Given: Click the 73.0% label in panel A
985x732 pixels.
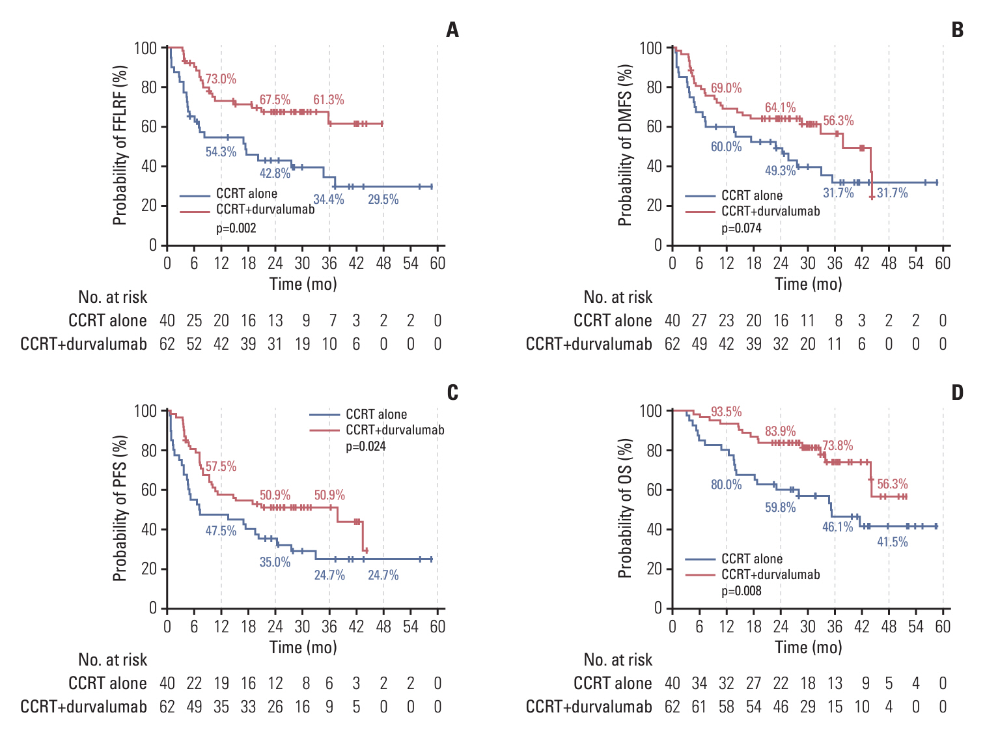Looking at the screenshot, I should coord(221,79).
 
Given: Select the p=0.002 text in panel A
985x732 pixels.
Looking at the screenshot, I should coord(236,229).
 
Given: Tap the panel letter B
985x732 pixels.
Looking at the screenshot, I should coord(957,30).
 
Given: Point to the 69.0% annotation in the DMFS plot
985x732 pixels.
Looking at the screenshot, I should coord(726,89).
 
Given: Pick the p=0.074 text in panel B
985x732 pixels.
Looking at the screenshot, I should coord(742,229).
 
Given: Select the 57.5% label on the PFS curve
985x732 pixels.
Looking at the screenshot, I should coord(221,467).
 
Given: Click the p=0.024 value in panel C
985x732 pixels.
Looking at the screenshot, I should coord(366,447).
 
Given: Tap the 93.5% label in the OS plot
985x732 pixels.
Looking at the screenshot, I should coord(726,412).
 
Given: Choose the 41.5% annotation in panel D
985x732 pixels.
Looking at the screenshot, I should coord(892,542).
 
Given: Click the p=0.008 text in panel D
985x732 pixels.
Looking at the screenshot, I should coord(742,591).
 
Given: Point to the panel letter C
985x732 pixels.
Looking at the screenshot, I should coord(452,393).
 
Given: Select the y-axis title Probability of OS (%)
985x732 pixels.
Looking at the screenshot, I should coord(625,509).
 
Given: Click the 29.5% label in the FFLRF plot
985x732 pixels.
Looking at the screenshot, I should coord(383,200).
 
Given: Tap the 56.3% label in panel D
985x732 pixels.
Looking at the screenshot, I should coord(892,485).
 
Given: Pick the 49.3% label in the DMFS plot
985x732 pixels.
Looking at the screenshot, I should coord(780,171).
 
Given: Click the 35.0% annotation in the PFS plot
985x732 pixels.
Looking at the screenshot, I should coord(275,562).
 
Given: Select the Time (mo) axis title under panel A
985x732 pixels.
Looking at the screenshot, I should coord(303,285).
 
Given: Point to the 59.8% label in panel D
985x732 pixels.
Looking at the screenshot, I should coord(780,507).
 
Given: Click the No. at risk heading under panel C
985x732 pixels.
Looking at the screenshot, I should coord(113,660).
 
